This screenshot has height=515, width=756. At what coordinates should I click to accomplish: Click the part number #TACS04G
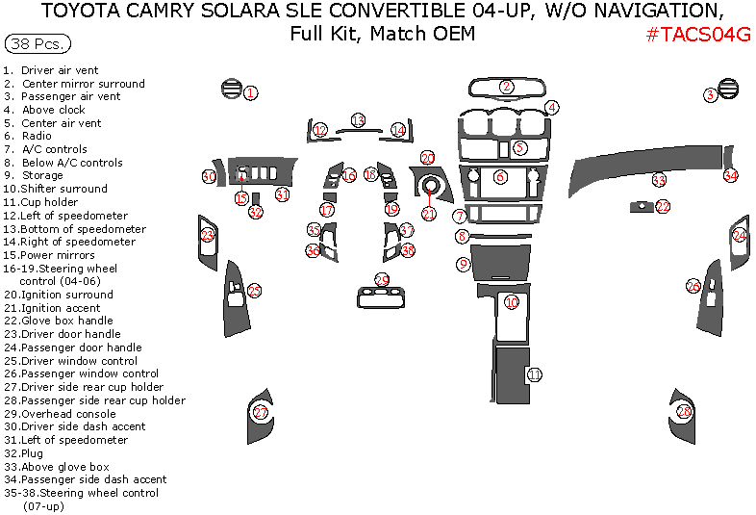click(x=697, y=35)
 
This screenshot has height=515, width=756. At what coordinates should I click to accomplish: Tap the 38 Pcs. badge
click(x=38, y=44)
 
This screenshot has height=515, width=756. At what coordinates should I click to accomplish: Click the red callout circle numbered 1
click(x=250, y=93)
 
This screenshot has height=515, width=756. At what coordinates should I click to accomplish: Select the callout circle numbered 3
click(x=710, y=94)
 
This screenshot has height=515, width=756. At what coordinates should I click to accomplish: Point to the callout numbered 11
click(x=534, y=374)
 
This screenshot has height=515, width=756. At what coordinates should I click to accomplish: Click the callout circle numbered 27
click(x=261, y=412)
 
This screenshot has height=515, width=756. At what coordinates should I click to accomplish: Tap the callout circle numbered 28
click(x=684, y=412)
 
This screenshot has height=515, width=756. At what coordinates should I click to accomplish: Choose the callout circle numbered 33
click(x=659, y=180)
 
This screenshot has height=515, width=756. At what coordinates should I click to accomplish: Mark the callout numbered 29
click(x=382, y=280)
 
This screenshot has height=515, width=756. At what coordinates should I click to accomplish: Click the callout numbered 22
click(x=664, y=206)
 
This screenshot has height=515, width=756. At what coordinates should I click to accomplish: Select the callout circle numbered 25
click(x=254, y=290)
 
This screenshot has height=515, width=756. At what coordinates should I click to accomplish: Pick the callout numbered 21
click(x=429, y=214)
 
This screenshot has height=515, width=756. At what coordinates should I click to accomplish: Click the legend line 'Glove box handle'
click(x=66, y=321)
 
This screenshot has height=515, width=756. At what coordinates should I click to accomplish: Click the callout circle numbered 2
click(x=507, y=87)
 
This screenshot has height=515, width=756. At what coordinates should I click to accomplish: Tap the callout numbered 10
click(x=512, y=302)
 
